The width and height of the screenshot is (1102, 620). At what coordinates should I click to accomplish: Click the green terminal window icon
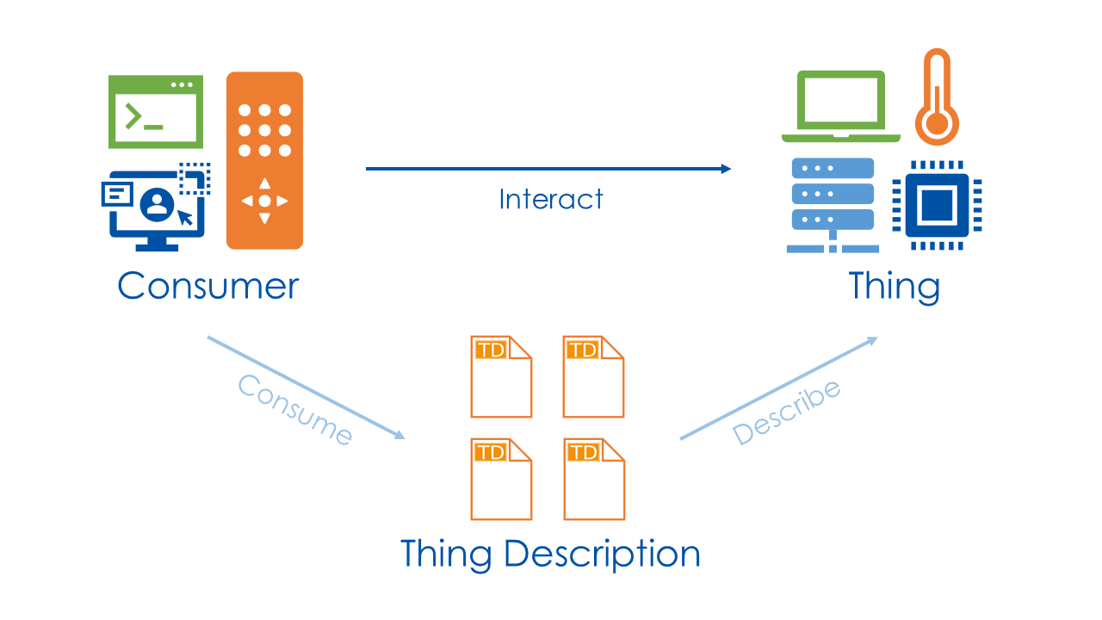pos(156,112)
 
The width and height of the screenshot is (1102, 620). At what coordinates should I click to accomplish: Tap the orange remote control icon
pos(264,161)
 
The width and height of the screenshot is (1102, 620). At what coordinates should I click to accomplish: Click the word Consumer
pos(208,286)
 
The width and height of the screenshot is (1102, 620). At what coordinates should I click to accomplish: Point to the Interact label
pos(551,200)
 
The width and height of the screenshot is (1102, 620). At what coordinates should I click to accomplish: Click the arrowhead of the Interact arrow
pos(725,169)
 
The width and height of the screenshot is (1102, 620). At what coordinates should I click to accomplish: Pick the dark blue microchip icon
pos(937,205)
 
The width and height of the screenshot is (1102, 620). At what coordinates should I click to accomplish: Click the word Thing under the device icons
pos(894,286)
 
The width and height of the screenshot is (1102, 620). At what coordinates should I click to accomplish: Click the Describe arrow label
pos(786,412)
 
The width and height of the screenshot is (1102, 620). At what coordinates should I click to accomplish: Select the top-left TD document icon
pos(501,377)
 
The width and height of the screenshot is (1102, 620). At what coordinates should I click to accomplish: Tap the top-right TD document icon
pos(593,377)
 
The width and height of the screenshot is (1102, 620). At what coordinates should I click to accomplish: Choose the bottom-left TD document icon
pos(501,479)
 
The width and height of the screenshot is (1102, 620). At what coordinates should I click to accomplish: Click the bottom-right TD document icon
pos(593,479)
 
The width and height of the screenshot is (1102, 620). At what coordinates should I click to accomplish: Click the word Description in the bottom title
pos(602,554)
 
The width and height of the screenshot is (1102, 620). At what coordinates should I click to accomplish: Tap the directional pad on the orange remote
pos(264,201)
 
